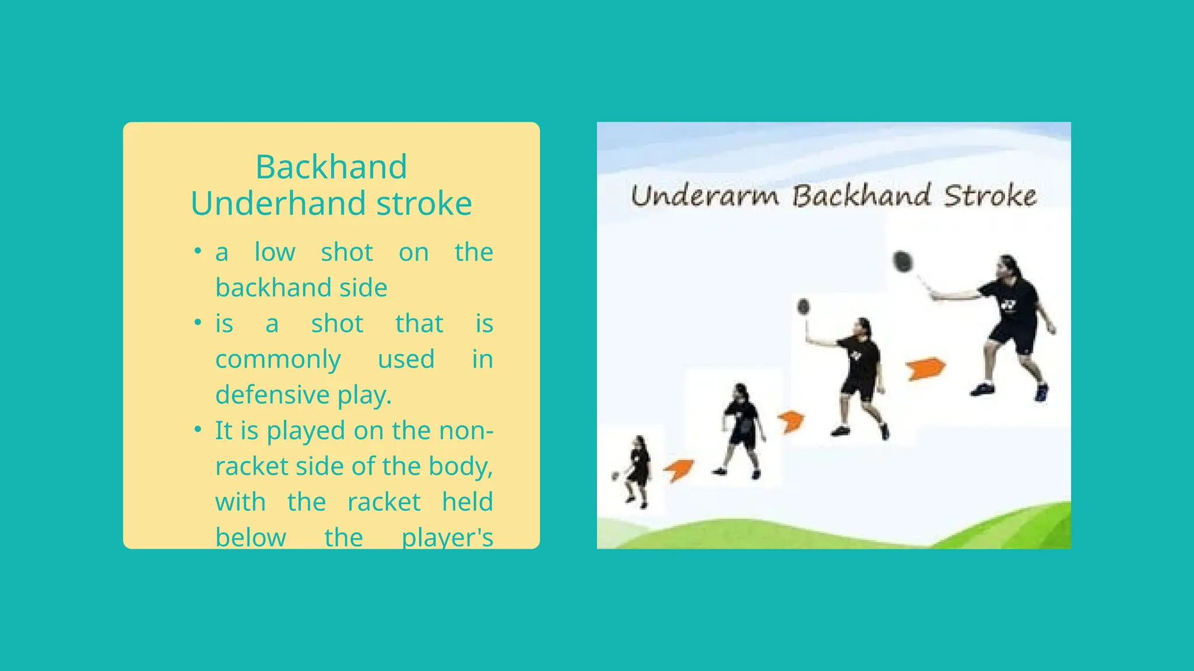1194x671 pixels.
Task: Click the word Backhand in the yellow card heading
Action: pyautogui.click(x=331, y=167)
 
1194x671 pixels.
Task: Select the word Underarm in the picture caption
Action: pyautogui.click(x=705, y=196)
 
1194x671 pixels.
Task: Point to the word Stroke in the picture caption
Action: pyautogui.click(x=990, y=196)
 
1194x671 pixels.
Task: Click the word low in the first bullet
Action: pyautogui.click(x=275, y=252)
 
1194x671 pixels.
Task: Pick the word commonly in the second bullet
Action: pyautogui.click(x=278, y=359)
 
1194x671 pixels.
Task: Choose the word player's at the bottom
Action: pyautogui.click(x=447, y=537)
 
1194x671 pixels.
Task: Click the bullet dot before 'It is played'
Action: pyautogui.click(x=198, y=430)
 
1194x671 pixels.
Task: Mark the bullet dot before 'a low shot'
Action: pyautogui.click(x=198, y=252)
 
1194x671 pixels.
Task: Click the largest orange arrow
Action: pyautogui.click(x=925, y=369)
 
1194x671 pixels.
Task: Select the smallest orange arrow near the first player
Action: pyautogui.click(x=679, y=469)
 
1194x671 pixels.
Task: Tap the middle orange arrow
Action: pyautogui.click(x=791, y=421)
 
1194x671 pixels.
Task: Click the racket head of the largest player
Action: pyautogui.click(x=902, y=262)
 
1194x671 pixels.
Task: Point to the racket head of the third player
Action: pyautogui.click(x=803, y=306)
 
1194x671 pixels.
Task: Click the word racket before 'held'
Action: pyautogui.click(x=384, y=502)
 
